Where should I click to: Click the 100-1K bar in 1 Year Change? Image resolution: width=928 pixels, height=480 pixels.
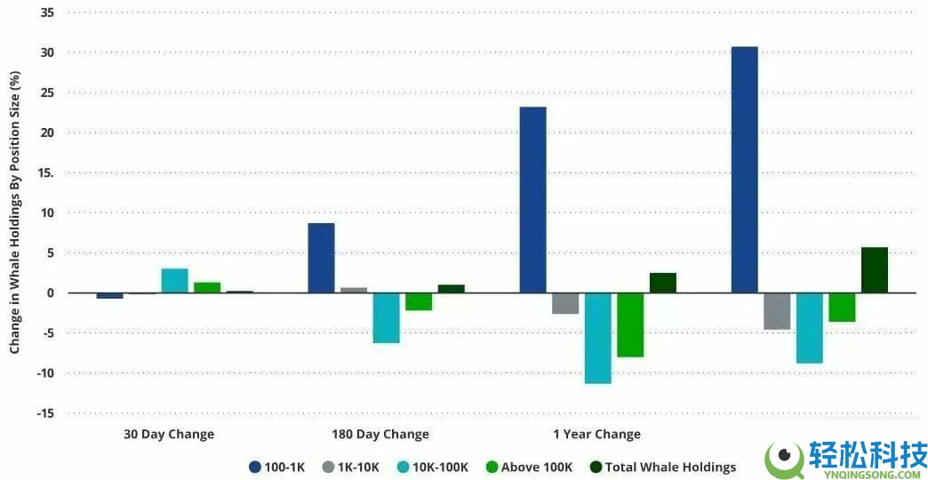[x=532, y=200]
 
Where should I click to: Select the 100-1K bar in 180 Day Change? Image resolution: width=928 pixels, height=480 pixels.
[x=321, y=258]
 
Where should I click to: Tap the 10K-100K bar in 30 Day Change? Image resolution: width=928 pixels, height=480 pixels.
[x=174, y=281]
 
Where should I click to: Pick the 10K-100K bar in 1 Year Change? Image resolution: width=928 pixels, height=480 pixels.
[x=597, y=338]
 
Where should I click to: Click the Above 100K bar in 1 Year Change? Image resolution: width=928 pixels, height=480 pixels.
[x=630, y=324]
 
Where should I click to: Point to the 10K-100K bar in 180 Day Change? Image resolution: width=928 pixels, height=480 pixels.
[x=386, y=317]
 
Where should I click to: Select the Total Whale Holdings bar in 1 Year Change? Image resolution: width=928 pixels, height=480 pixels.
[x=662, y=283]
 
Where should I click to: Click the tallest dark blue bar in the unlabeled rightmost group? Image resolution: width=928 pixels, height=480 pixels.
[x=744, y=170]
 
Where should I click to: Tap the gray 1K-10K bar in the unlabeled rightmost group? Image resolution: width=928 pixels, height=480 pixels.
[x=776, y=311]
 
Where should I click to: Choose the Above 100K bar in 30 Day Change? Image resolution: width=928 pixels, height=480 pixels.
[x=207, y=287]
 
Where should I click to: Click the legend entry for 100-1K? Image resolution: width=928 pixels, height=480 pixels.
[x=276, y=467]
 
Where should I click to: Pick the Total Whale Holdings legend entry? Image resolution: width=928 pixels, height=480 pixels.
[x=663, y=467]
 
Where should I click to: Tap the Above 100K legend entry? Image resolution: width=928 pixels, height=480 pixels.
[x=529, y=467]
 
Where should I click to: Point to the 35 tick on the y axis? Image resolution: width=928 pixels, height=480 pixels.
[x=46, y=13]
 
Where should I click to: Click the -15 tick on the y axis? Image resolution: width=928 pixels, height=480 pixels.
[x=44, y=413]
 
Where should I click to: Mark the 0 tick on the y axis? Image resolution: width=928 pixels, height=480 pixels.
[x=50, y=293]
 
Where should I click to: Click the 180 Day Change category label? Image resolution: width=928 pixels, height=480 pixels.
[x=381, y=435]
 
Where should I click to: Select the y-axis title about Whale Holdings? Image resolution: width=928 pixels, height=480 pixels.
[x=15, y=213]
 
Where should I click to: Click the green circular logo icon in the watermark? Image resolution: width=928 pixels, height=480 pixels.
[x=784, y=458]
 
